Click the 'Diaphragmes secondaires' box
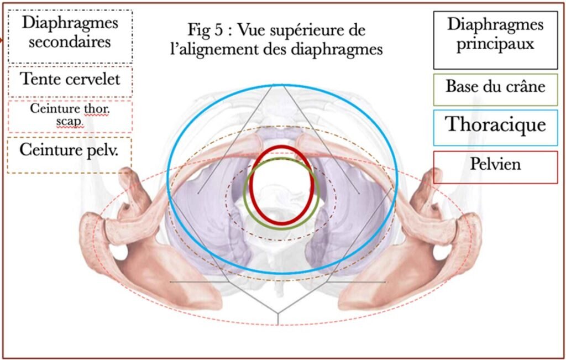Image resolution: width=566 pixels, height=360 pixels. [x=70, y=36]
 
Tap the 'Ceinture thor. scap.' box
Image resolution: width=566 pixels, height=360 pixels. [x=70, y=116]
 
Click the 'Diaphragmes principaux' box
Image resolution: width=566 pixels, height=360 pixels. [x=495, y=40]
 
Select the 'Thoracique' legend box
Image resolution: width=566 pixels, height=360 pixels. [x=495, y=128]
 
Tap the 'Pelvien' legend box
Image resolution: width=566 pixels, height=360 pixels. [x=495, y=167]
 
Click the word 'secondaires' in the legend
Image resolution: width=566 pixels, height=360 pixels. [x=70, y=42]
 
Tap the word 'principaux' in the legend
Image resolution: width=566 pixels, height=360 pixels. [x=495, y=44]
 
